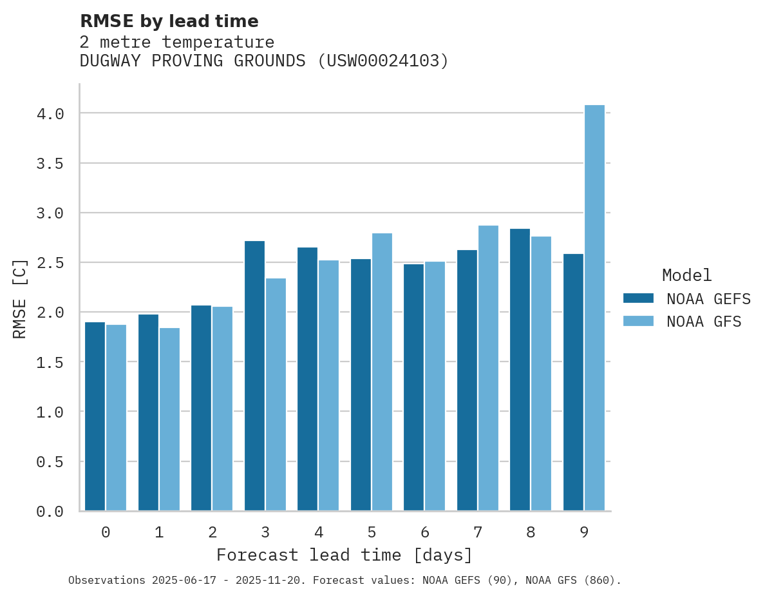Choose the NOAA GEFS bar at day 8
(x=520, y=370)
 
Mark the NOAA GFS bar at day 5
(x=382, y=372)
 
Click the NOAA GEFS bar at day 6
(x=413, y=387)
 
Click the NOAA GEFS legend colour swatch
(x=638, y=298)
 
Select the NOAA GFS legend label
(x=704, y=322)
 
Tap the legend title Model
(x=686, y=275)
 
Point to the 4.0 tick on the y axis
(x=50, y=114)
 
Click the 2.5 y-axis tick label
(x=50, y=263)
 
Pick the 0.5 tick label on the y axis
(x=50, y=462)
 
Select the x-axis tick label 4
(x=319, y=532)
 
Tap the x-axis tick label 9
(x=584, y=532)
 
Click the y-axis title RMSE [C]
(x=20, y=298)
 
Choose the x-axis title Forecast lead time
(x=345, y=555)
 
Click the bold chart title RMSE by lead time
(x=169, y=21)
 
